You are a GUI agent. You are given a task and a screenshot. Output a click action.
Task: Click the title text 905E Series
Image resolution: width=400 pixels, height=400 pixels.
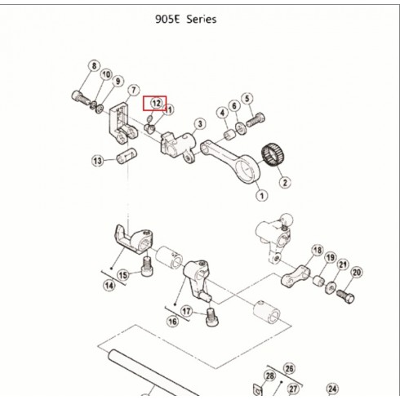click(186, 20)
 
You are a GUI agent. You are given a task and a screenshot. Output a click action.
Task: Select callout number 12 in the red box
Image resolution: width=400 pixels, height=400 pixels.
click(156, 103)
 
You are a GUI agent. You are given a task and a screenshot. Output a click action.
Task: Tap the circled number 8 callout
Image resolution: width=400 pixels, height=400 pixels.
click(94, 66)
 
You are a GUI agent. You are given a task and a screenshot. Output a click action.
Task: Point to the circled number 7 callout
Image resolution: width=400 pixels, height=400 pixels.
click(133, 90)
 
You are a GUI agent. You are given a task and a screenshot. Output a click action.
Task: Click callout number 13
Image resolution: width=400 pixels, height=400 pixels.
click(97, 161)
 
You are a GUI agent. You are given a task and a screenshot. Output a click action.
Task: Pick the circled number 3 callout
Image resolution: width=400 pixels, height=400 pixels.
click(200, 124)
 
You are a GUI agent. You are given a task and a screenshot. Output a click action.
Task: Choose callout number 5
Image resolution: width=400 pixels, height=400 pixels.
click(247, 99)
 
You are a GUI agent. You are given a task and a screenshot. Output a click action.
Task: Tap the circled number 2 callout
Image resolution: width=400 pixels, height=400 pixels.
click(285, 182)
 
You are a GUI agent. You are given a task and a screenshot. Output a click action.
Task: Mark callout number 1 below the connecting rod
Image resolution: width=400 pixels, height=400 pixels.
click(262, 195)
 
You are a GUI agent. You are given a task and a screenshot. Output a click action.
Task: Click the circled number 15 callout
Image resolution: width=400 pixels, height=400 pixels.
click(123, 275)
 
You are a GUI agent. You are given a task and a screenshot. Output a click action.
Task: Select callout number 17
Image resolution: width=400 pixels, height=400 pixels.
click(187, 311)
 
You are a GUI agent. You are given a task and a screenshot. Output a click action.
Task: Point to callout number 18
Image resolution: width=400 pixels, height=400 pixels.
click(318, 250)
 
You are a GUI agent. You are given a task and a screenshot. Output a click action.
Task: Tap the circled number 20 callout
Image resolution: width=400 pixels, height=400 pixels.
click(357, 272)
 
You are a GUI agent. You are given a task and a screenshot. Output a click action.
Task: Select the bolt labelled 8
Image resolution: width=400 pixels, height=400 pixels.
click(81, 98)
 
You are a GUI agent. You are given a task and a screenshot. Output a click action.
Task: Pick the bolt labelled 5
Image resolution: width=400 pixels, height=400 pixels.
click(256, 120)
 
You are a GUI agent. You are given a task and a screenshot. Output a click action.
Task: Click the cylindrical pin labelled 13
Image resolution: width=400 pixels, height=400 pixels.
click(127, 156)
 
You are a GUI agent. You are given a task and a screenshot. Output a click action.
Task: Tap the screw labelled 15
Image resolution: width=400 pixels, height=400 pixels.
click(147, 267)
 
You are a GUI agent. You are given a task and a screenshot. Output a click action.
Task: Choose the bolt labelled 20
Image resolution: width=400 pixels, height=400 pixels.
click(345, 296)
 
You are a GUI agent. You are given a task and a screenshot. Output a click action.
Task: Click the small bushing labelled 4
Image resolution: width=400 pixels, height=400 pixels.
click(230, 134)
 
